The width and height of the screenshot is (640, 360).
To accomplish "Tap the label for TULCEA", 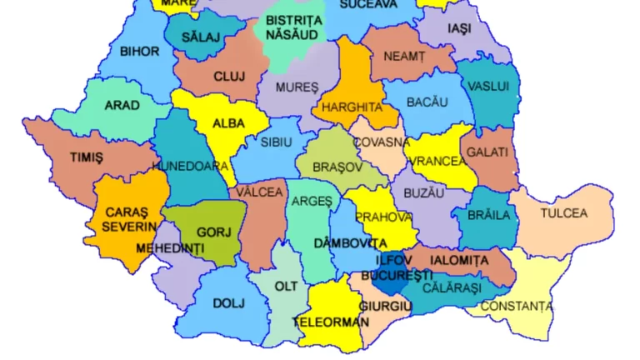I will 564,213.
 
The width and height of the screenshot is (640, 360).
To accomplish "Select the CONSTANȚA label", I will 517,307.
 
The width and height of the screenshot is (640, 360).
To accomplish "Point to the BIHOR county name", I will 139,52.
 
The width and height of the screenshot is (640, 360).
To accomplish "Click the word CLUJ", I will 229,77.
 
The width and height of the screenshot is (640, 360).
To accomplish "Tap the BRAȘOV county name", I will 337,167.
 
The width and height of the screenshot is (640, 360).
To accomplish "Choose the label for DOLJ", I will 229,303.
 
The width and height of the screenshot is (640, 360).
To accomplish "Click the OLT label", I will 286,287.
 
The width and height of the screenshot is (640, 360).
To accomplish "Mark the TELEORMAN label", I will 331,321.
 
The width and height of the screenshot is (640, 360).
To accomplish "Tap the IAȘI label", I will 459,28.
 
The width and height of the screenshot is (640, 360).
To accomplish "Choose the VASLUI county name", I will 487,86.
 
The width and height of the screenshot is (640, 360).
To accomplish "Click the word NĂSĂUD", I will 292,35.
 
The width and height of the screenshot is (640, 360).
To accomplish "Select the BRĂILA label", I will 488,215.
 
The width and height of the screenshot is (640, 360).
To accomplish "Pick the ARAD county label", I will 122,106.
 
